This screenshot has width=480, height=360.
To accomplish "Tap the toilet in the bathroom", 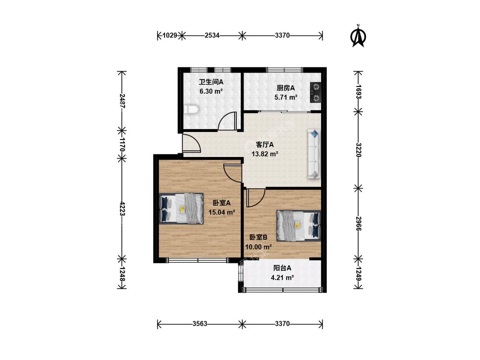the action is click(x=192, y=109).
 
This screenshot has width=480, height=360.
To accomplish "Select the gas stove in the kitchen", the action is click(x=315, y=93).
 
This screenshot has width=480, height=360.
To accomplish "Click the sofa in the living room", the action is click(x=314, y=154).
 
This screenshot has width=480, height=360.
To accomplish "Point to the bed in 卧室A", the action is click(x=181, y=209).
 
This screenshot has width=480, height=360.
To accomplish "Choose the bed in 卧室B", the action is click(x=299, y=225).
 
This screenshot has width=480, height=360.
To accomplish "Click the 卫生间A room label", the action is click(x=211, y=82).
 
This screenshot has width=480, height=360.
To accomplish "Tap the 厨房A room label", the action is click(x=285, y=88).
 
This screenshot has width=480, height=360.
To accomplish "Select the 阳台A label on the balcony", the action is click(x=282, y=268).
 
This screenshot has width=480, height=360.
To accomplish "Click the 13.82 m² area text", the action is click(x=265, y=154).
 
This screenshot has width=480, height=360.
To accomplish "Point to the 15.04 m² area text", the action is click(x=221, y=212).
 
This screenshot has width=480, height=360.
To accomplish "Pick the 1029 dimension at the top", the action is click(x=169, y=35).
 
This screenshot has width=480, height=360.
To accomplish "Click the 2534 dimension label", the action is click(x=212, y=35).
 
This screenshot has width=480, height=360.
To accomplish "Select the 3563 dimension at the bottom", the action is click(x=200, y=324).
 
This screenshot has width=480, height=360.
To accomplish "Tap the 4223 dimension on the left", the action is click(x=122, y=209).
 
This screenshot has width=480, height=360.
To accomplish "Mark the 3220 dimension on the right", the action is click(x=358, y=150).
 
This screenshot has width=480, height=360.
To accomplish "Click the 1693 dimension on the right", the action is click(x=358, y=92).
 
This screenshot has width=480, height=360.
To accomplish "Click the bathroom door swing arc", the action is click(x=228, y=121).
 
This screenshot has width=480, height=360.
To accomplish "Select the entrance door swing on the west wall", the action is click(x=191, y=143).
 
